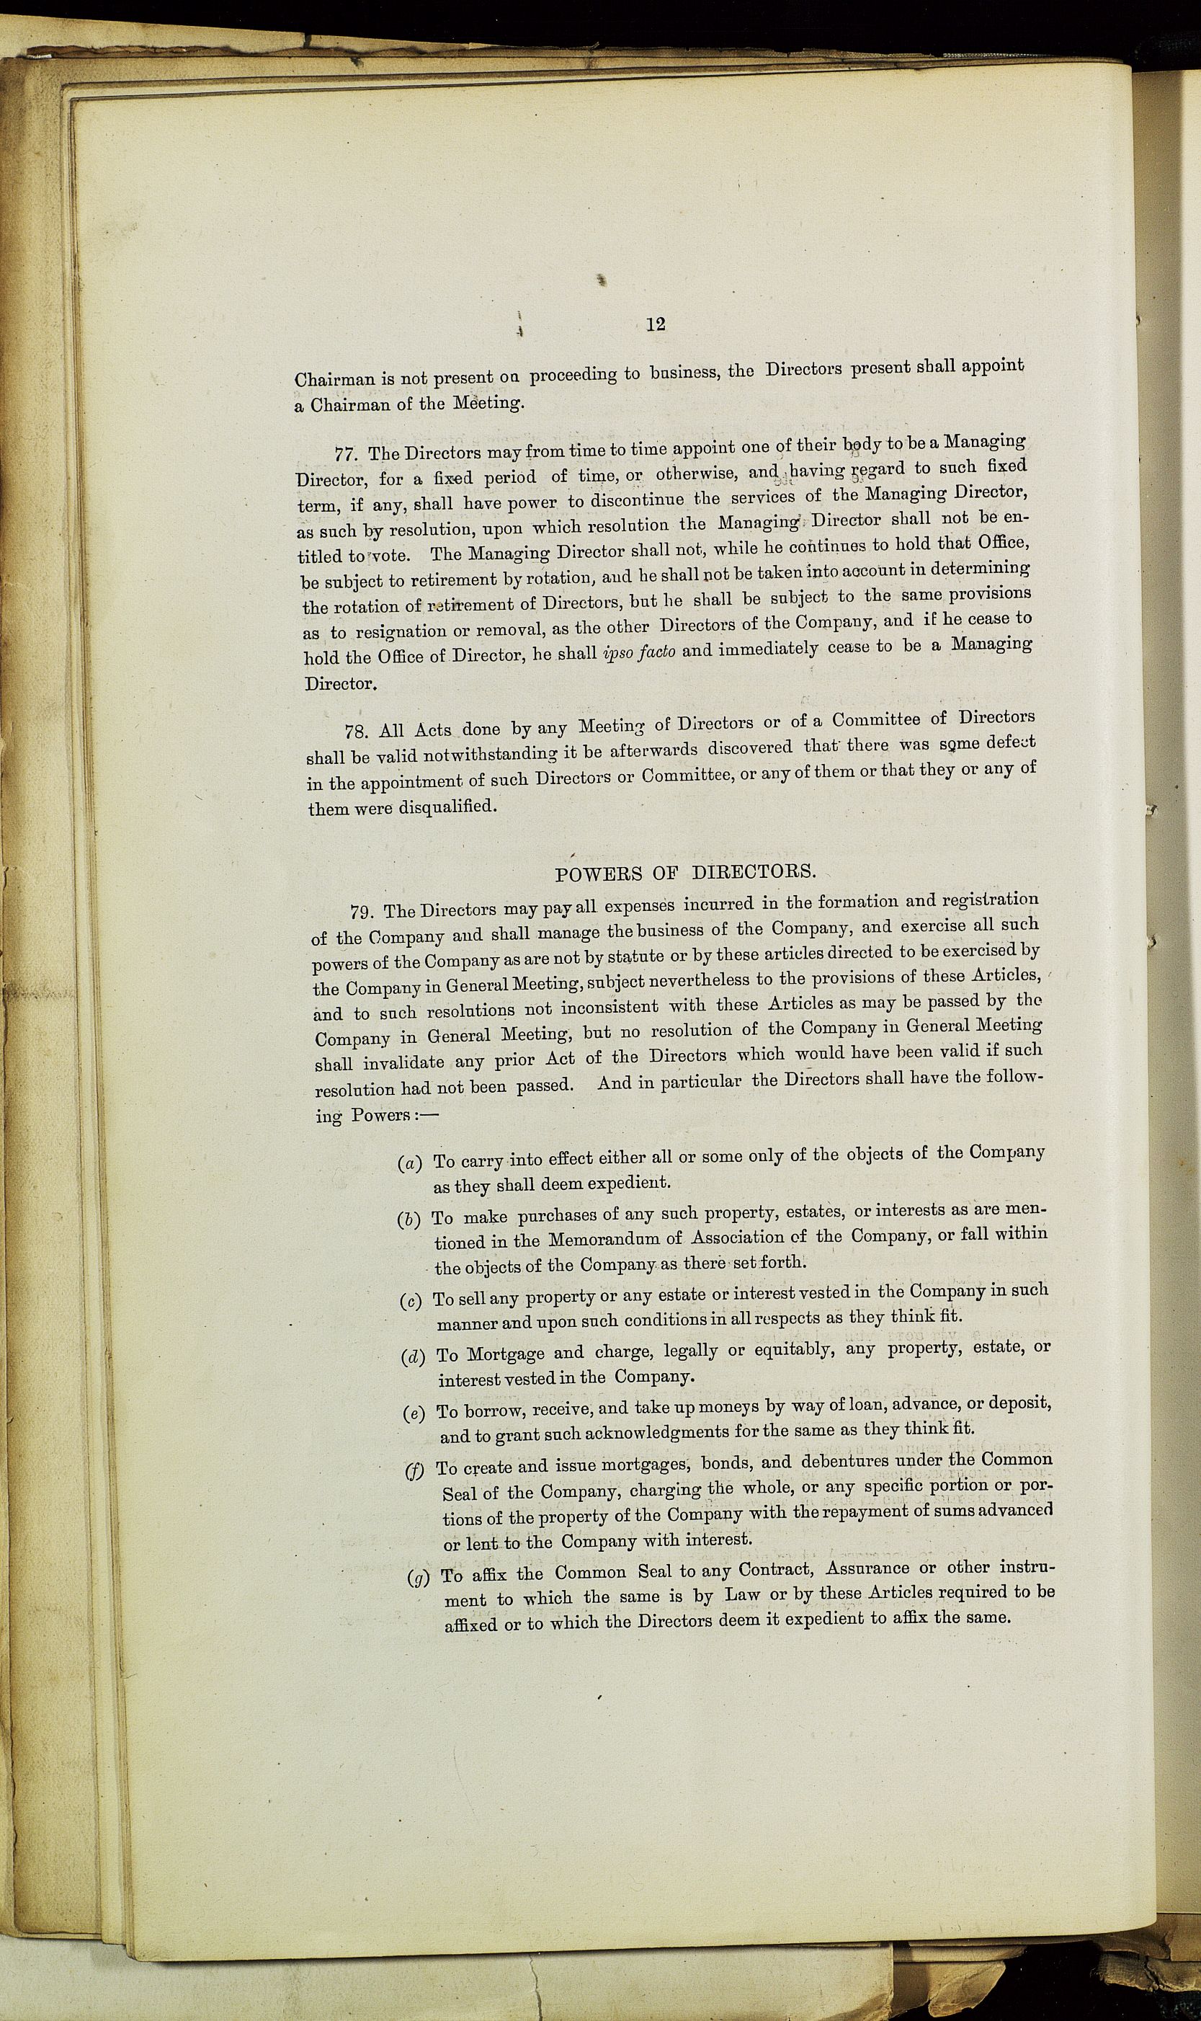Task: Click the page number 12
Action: (656, 324)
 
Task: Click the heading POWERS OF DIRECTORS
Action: (684, 873)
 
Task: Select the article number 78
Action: (357, 732)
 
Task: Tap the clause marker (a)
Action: (411, 1164)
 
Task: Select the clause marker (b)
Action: (409, 1220)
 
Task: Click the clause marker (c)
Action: (412, 1302)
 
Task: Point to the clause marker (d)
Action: (414, 1356)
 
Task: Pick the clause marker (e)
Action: (414, 1414)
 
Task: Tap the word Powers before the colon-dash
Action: (381, 1115)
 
